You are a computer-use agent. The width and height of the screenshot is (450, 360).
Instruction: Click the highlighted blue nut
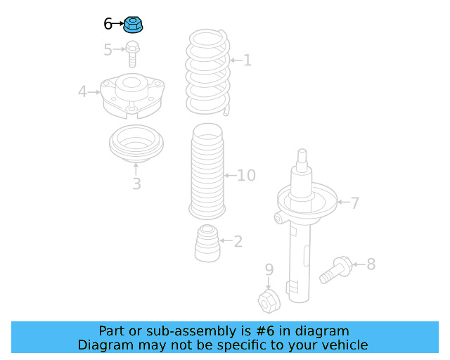click(134, 26)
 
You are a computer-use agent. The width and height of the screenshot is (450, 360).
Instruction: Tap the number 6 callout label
click(108, 25)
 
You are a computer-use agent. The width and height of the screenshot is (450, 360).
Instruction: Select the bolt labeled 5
click(132, 52)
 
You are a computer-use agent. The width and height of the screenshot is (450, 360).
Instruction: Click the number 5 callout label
click(108, 50)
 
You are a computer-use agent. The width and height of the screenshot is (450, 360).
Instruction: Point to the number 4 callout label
click(82, 91)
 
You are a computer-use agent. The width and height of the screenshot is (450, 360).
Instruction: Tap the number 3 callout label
click(136, 184)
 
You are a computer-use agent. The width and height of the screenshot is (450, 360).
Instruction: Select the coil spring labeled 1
click(207, 71)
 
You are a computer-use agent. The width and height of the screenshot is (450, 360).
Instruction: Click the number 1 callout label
click(247, 60)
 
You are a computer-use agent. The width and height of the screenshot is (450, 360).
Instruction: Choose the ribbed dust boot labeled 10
click(207, 172)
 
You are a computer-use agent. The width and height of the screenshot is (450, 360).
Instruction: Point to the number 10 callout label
click(246, 175)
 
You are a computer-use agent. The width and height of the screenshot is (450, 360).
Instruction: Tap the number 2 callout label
click(238, 242)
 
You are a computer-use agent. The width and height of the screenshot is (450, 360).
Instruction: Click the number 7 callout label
click(355, 203)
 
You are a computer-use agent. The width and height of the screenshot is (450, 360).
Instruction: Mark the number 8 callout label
click(371, 264)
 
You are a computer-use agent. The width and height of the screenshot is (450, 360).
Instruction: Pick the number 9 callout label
click(269, 270)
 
